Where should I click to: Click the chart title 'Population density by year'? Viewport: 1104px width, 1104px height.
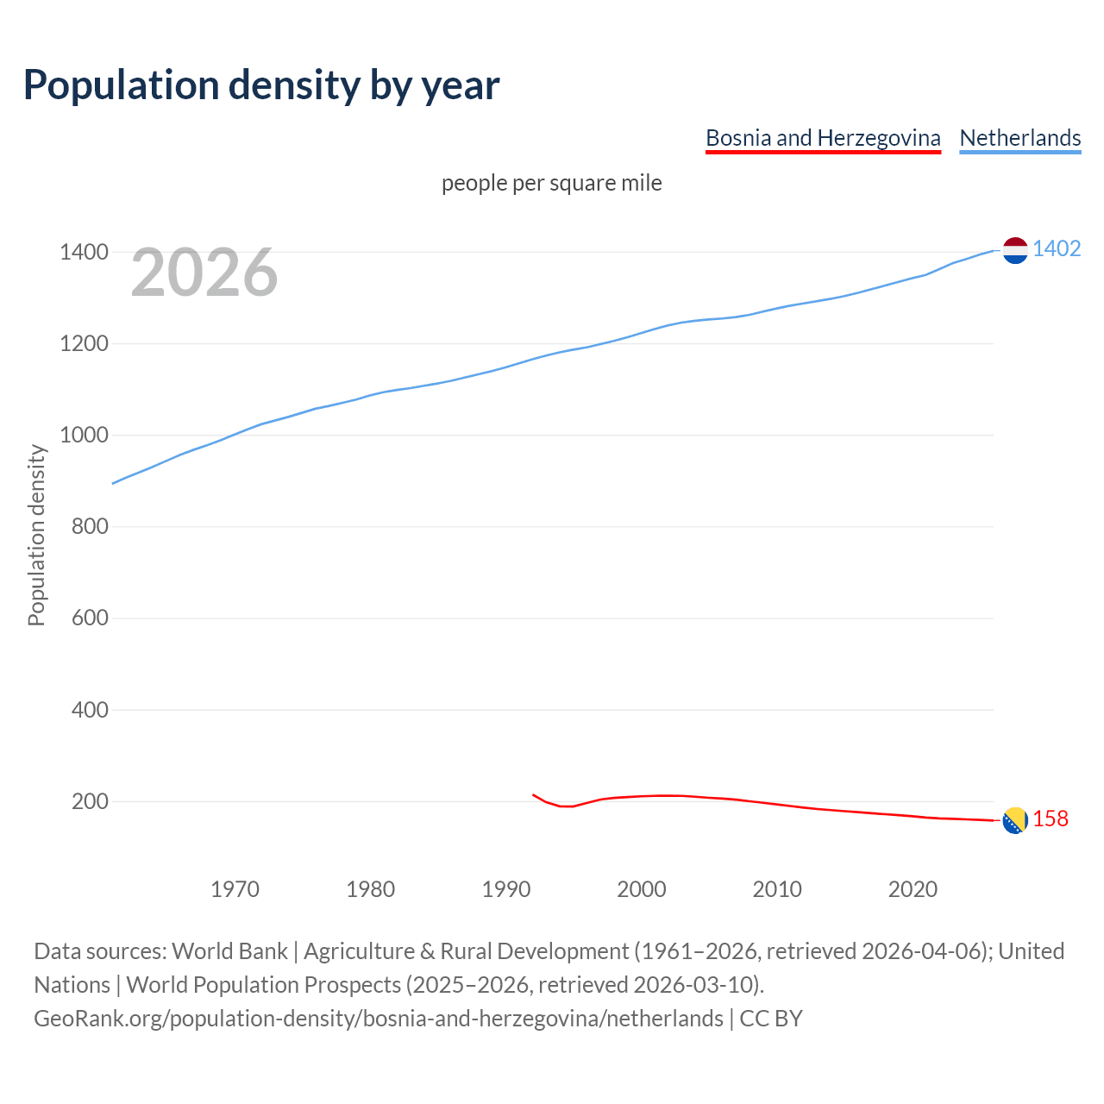point(261,85)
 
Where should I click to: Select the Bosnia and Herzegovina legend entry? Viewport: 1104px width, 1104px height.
point(823,138)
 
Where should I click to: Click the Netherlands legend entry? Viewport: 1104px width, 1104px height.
point(1019,138)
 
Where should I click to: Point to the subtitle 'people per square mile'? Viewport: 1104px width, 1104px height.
point(552,183)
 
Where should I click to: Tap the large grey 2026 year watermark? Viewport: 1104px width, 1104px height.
point(204,273)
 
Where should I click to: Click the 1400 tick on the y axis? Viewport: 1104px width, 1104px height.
point(84,252)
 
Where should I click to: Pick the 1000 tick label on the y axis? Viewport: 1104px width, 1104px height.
point(84,435)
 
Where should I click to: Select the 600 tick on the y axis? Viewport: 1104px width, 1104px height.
point(90,618)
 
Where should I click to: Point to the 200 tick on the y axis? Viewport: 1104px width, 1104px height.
point(90,801)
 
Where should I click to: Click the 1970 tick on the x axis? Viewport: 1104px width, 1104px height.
point(235,888)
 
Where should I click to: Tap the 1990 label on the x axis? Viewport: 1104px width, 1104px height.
point(506,888)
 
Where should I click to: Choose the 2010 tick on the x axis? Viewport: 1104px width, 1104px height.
point(777,888)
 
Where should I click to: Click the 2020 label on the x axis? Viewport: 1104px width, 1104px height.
point(913,888)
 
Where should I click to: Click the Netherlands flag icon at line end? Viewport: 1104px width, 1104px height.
point(1015,250)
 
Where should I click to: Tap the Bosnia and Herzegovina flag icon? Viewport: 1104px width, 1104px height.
point(1015,820)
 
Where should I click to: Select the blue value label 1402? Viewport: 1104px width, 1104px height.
point(1057,248)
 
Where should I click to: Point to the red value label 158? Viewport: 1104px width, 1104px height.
point(1051,819)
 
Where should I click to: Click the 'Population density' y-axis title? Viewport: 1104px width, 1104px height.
point(36,535)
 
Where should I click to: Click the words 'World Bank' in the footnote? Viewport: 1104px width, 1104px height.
point(229,951)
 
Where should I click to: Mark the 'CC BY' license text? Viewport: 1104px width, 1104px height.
point(771,1019)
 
